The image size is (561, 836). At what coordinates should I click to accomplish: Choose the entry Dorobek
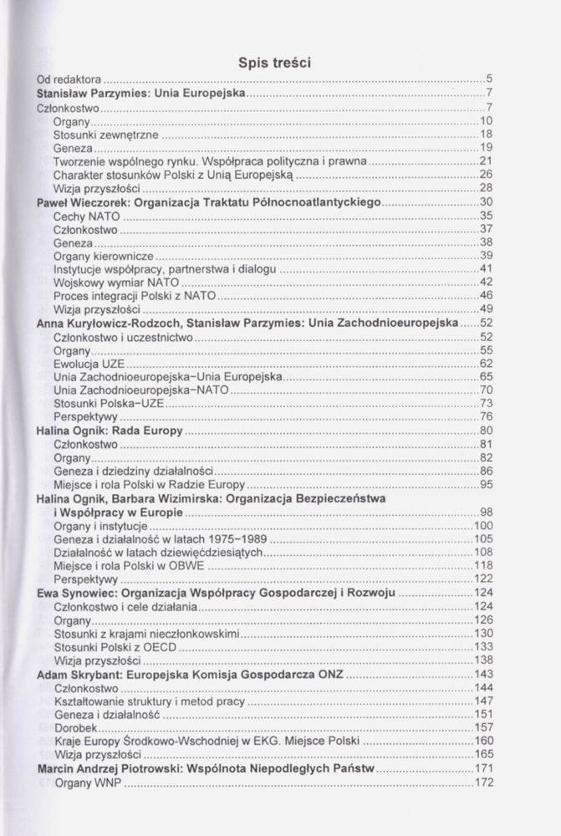pos(74,727)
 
